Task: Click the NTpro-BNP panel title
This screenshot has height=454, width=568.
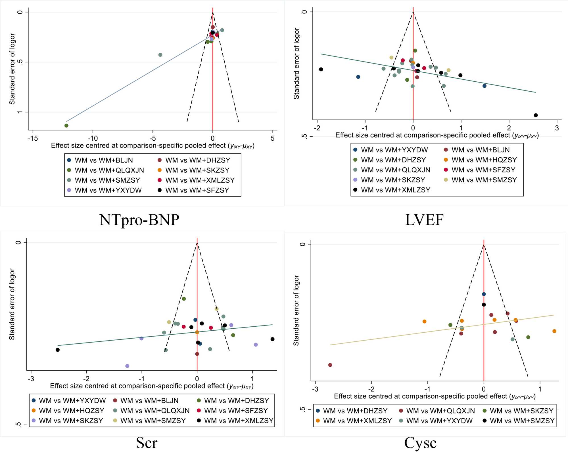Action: click(139, 220)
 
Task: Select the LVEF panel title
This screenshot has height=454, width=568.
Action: click(424, 220)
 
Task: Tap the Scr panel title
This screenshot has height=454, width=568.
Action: click(147, 443)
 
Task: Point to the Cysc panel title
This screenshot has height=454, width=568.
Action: click(420, 443)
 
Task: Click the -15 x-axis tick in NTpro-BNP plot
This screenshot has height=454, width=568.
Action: click(33, 138)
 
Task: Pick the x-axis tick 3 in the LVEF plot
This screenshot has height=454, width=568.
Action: click(557, 128)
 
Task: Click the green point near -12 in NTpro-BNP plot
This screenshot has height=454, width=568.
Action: click(66, 126)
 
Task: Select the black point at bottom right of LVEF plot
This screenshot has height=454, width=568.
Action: click(536, 115)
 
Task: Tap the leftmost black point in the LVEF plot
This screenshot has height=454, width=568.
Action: click(321, 69)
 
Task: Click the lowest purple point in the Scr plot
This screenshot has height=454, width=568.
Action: click(127, 366)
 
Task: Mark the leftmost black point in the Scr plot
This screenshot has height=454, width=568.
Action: click(58, 350)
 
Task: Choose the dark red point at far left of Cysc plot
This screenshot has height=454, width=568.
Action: click(330, 365)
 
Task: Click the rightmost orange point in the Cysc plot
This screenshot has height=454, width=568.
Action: click(554, 331)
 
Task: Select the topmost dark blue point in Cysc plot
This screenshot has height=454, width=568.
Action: click(484, 294)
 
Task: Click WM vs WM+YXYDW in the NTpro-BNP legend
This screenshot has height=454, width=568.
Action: click(108, 190)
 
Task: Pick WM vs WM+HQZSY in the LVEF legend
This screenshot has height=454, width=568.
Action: click(484, 160)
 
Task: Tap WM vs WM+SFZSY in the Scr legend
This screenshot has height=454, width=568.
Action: click(236, 411)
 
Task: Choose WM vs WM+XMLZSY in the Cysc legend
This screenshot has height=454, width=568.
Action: click(357, 421)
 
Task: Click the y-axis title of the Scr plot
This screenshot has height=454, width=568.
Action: click(12, 304)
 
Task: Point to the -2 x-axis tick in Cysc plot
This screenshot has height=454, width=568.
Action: click(371, 389)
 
